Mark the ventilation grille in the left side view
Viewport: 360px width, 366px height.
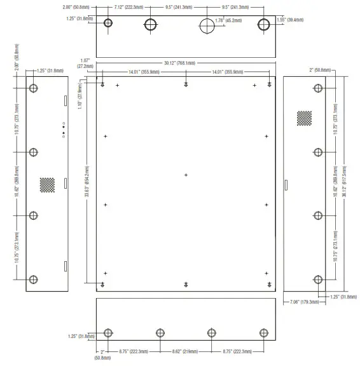[48, 184]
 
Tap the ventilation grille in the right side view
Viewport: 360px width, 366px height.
[305, 118]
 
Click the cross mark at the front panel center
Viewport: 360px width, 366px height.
[186, 175]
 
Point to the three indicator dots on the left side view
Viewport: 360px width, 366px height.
[63, 128]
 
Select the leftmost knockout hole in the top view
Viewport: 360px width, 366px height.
[109, 24]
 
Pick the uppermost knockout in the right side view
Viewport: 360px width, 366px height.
[319, 88]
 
